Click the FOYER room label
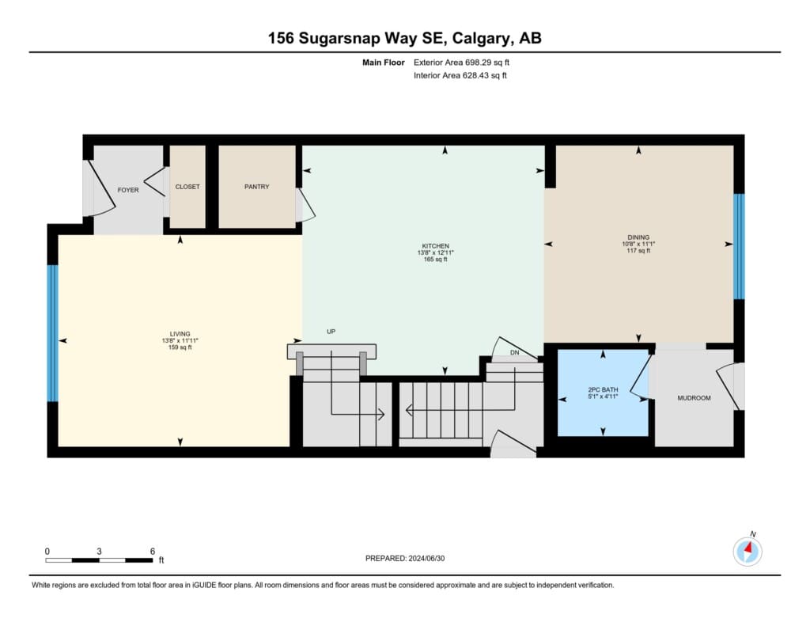128,190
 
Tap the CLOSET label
187,187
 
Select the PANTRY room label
257,187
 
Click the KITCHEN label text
436,246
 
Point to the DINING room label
638,237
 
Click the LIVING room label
180,334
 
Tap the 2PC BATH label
603,389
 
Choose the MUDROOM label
694,398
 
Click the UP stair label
331,332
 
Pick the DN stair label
514,352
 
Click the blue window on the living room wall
53,333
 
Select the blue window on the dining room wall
740,247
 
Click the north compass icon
748,551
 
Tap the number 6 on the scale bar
153,551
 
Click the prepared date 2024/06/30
426,558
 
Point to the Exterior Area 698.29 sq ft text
461,63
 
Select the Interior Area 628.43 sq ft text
460,75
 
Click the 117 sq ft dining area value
638,251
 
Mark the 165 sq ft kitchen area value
436,260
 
